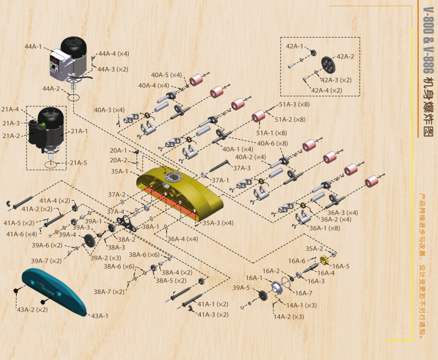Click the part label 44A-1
pos(33,46)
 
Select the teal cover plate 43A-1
pos(54,290)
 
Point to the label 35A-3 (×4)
pos(218,223)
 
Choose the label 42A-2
pos(345,56)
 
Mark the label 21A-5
pos(78,163)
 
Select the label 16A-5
pos(341,266)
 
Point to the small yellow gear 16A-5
pos(325,260)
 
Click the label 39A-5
pos(241,288)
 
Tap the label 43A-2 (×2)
pos(32,309)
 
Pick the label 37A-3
pos(242,168)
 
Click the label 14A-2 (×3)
pos(289,317)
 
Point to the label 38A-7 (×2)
pos(108,292)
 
